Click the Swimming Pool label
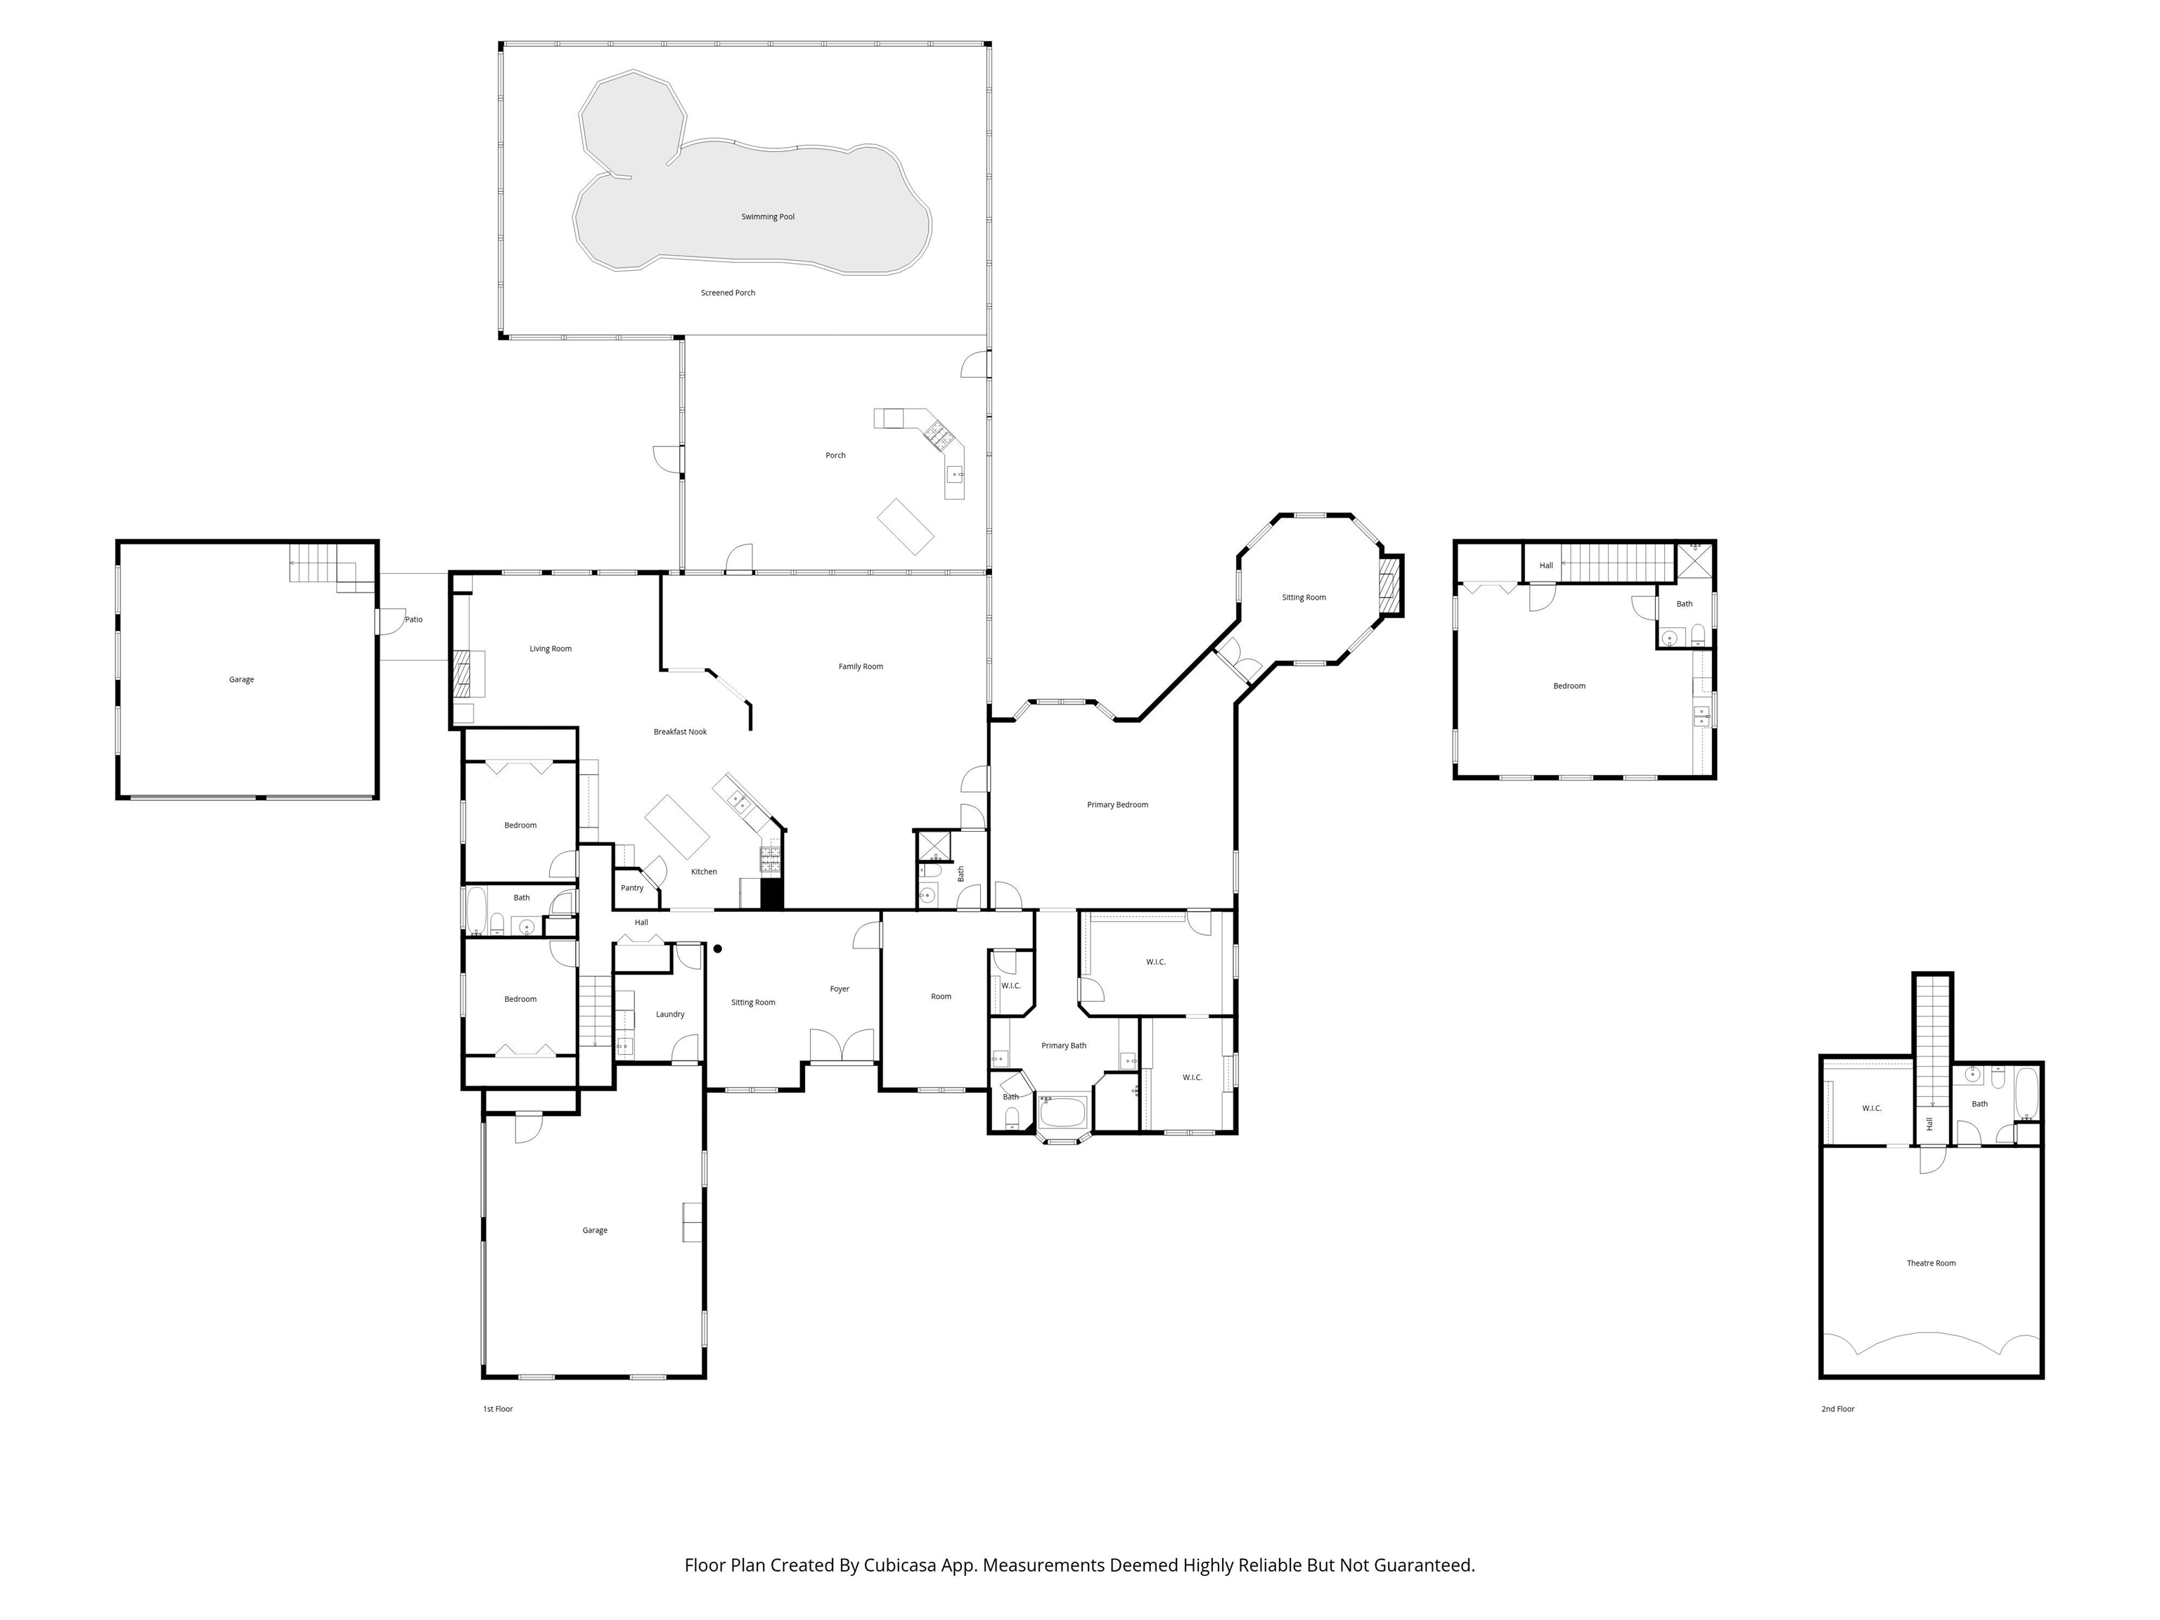[768, 217]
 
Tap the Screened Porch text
[728, 293]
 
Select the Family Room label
[861, 667]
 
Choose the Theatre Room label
[1931, 1263]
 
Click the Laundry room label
[670, 1014]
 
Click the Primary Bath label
[1063, 1045]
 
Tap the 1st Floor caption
[497, 1408]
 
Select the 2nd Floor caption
[1837, 1408]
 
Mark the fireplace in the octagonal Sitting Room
[1389, 585]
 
